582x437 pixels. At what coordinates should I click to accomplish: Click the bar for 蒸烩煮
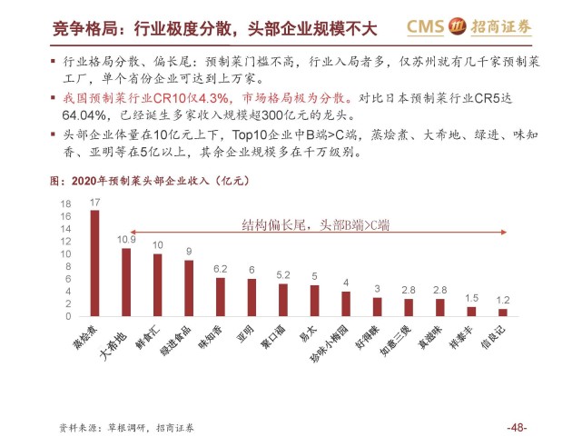tap(94, 263)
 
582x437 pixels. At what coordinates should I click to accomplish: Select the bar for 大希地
tap(126, 283)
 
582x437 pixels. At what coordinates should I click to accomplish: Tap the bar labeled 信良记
tap(502, 312)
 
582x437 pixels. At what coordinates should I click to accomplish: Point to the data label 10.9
tap(126, 239)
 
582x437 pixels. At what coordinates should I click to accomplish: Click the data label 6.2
tap(220, 269)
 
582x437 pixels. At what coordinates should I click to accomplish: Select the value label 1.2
tap(502, 300)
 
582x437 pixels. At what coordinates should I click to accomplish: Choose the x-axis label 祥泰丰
tap(463, 337)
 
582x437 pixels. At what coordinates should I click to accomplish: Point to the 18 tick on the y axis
tap(66, 204)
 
